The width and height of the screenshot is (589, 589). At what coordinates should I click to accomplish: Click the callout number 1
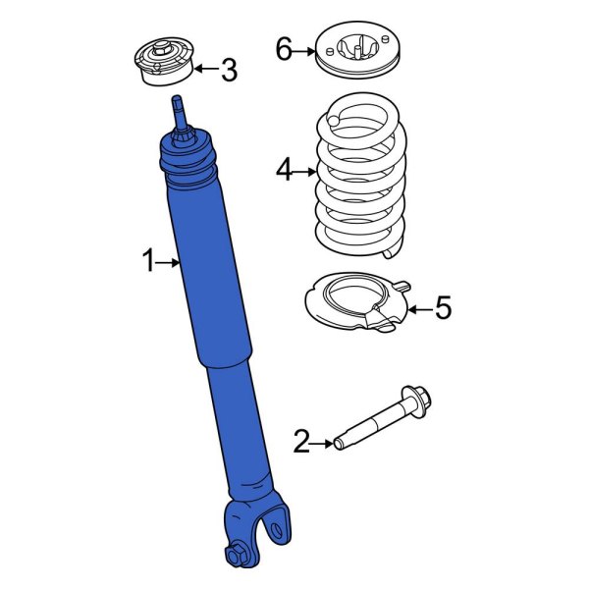pos(149,261)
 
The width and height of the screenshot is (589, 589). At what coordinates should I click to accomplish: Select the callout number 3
pos(228,70)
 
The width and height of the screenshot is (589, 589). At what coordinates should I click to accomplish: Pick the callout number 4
pos(284,171)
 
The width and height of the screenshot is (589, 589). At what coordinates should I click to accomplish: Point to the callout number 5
pos(443,309)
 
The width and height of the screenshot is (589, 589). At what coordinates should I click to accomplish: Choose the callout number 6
pos(284,48)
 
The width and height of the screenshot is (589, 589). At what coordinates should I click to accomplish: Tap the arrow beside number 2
pos(324,444)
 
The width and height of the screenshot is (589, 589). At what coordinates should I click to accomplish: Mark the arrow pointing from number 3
pos(204,69)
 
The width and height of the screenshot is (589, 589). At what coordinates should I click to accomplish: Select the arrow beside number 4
pos(305,171)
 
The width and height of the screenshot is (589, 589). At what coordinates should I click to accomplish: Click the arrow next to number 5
pos(419,309)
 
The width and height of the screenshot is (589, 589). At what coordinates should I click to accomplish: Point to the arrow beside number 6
pos(305,49)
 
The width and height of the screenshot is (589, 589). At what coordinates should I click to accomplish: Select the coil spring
pos(359,182)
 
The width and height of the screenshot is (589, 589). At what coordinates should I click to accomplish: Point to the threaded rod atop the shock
pos(179,110)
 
